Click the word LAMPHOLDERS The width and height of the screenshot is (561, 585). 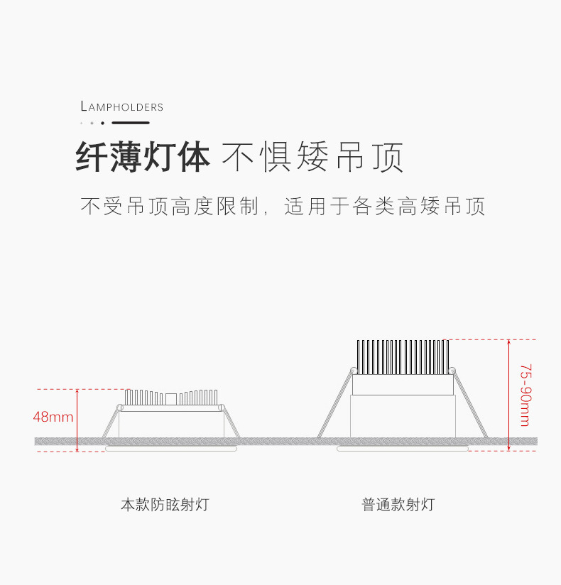pos(122,107)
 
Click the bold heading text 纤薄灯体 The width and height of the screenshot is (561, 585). pos(143,158)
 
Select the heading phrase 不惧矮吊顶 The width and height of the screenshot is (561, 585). pos(312,158)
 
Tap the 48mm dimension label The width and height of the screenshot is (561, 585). pos(53,417)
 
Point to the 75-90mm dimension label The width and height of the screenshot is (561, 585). pos(525,395)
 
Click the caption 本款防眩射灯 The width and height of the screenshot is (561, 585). pos(165,505)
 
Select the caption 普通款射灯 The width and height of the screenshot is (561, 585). pos(398,505)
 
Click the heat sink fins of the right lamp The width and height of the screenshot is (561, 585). pos(403,357)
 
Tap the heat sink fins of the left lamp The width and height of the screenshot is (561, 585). pos(170,398)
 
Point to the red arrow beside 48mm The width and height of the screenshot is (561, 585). pos(77,420)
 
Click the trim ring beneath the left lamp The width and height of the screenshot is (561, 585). pos(170,449)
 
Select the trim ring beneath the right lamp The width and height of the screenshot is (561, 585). pos(403,449)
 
